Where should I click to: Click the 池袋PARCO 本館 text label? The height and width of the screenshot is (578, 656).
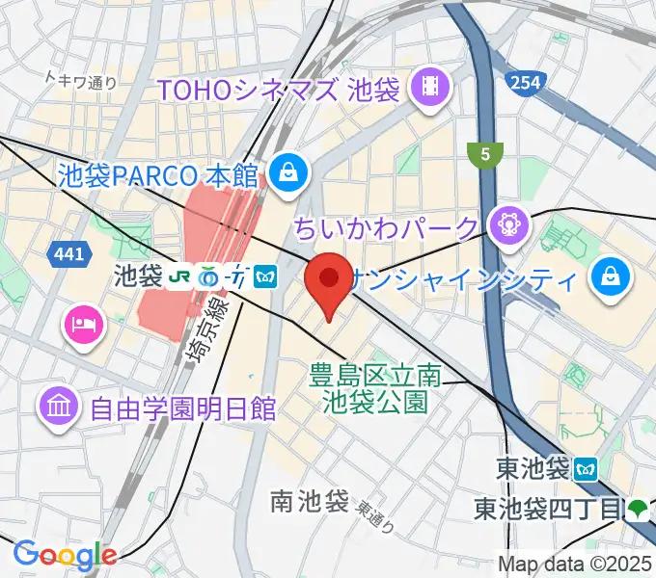[x=159, y=175]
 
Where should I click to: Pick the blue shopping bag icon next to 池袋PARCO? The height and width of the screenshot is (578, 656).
[x=287, y=173]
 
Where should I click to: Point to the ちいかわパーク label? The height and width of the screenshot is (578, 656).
[x=386, y=228]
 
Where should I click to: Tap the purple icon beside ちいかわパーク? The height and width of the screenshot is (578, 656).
[x=506, y=226]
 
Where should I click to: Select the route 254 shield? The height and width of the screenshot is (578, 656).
[x=526, y=83]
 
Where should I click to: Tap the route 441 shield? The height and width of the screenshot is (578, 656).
[x=64, y=252]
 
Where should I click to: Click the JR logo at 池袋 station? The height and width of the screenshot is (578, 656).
[x=179, y=276]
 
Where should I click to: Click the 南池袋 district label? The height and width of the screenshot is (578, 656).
[x=309, y=500]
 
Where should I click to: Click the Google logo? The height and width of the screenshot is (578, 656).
[x=65, y=554]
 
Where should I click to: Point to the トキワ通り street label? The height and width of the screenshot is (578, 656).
[x=82, y=82]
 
